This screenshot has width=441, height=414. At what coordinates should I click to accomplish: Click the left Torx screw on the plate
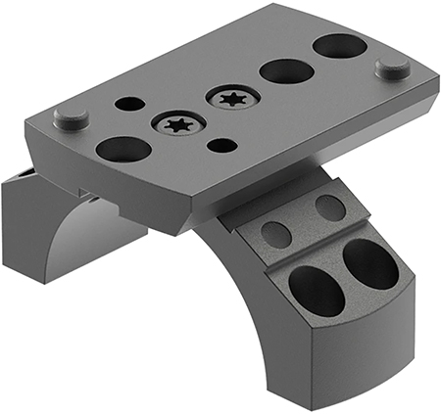click(x=176, y=124)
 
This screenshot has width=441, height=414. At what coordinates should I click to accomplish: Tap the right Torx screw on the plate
click(x=232, y=98)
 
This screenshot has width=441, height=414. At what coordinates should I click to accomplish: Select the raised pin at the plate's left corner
click(x=71, y=118)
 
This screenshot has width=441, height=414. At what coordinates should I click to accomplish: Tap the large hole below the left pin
click(x=123, y=149)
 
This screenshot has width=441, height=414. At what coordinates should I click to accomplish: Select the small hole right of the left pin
click(x=128, y=103)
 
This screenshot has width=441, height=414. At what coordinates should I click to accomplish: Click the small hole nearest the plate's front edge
click(x=224, y=145)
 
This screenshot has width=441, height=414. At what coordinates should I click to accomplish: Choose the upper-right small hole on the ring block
click(x=329, y=207)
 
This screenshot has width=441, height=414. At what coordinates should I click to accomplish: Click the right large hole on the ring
click(x=370, y=263)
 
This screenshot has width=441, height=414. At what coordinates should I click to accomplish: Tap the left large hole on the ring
click(x=317, y=290)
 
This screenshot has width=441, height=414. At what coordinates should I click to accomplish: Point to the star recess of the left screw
click(x=176, y=124)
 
